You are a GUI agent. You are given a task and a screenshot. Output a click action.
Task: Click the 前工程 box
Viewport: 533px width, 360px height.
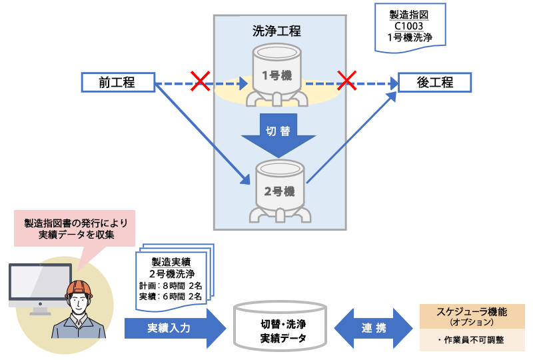pyautogui.click(x=117, y=83)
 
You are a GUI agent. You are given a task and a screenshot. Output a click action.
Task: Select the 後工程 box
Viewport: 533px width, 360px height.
pyautogui.click(x=434, y=83)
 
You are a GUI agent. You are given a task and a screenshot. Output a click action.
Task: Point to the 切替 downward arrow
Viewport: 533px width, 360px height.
pyautogui.click(x=278, y=133)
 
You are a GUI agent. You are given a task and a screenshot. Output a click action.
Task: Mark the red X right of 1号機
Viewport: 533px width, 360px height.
pyautogui.click(x=347, y=81)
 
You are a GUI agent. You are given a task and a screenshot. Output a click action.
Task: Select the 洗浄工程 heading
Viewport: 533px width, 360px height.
pyautogui.click(x=276, y=31)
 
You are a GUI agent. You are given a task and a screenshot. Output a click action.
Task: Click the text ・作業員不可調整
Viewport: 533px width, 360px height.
pyautogui.click(x=472, y=340)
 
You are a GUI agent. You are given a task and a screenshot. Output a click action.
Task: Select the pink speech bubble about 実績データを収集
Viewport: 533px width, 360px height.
pyautogui.click(x=75, y=228)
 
